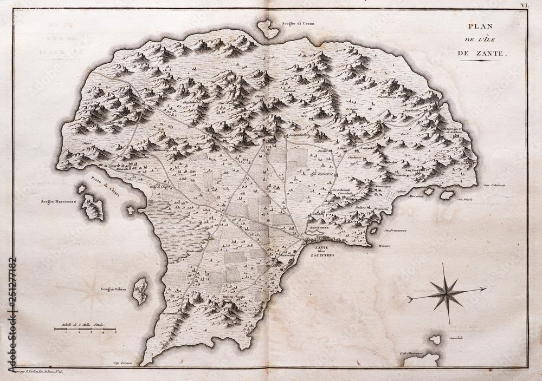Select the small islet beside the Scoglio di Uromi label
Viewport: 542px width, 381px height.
[268, 28]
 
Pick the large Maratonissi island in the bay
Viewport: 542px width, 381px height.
[93, 207]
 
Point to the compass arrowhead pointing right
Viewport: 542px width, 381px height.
[482, 290]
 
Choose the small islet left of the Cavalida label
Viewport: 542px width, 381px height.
[435, 339]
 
